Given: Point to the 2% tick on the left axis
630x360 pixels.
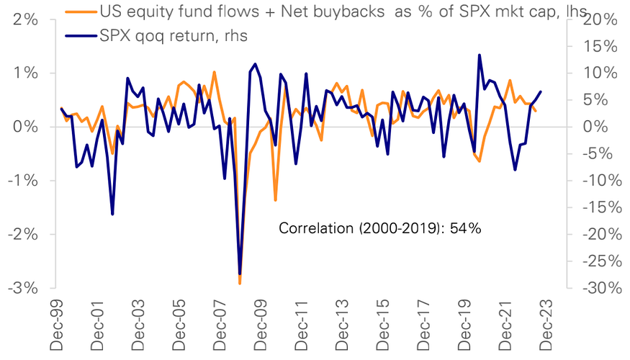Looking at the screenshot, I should [28, 19].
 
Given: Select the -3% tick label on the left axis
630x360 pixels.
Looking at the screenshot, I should [25, 288].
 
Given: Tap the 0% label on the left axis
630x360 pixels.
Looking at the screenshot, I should [28, 127].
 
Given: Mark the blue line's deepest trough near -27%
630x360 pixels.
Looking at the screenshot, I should [240, 274].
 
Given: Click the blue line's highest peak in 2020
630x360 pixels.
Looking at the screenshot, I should [480, 55].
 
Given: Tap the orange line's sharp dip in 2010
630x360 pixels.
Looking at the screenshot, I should [275, 200].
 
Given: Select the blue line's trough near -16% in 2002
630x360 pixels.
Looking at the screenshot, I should [112, 214].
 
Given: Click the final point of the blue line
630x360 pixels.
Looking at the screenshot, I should [541, 91].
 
